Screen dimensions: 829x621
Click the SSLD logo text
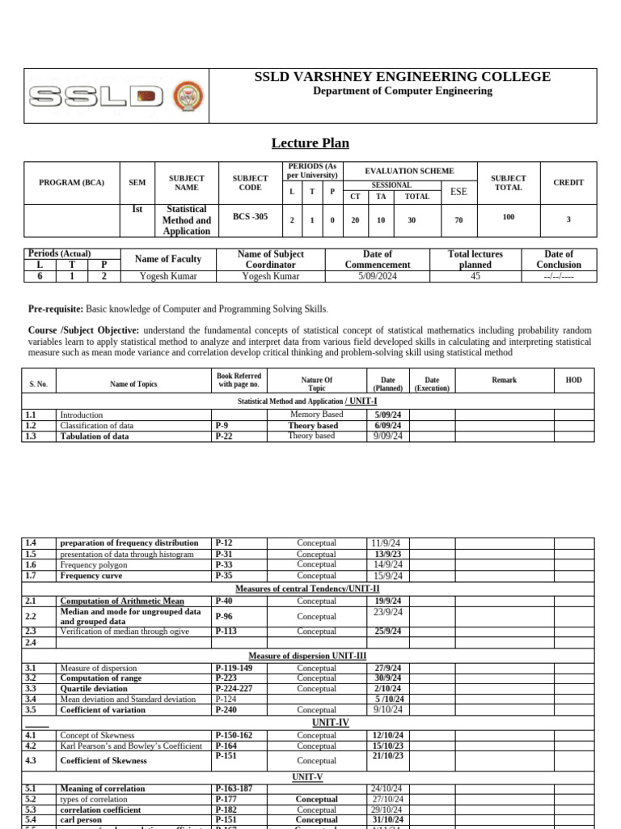tap(95, 97)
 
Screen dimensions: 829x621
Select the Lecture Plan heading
tap(310, 143)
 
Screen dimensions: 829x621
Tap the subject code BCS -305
tap(250, 217)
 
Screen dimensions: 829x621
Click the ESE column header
tap(458, 192)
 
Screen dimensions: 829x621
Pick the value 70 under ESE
tap(458, 219)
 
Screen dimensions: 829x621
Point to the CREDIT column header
tap(568, 183)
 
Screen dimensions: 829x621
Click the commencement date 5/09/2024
tap(378, 276)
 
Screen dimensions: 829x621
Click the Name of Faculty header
tap(168, 259)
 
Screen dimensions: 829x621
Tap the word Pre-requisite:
tap(55, 309)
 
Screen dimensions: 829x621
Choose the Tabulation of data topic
tap(95, 436)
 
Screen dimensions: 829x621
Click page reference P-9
tap(222, 425)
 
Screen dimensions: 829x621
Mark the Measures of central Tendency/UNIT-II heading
tap(307, 589)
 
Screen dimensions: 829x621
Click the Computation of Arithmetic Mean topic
tap(122, 602)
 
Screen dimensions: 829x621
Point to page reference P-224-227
tap(234, 689)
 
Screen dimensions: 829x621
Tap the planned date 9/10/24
tap(388, 710)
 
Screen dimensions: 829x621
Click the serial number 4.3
tap(31, 761)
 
